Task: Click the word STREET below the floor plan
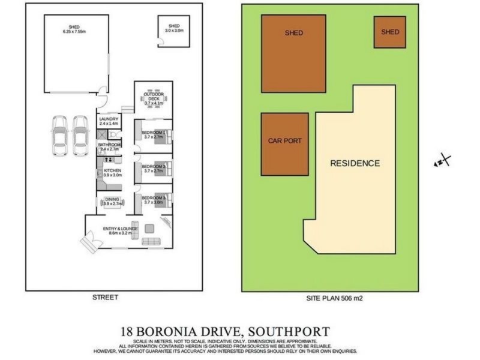point(105,298)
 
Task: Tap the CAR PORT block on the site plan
point(284,142)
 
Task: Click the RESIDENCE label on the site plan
point(355,163)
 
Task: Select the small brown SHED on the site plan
point(390,32)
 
